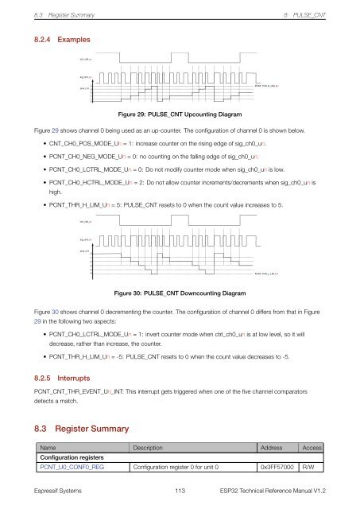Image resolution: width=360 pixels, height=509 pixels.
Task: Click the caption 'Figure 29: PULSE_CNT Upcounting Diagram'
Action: [179, 114]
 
